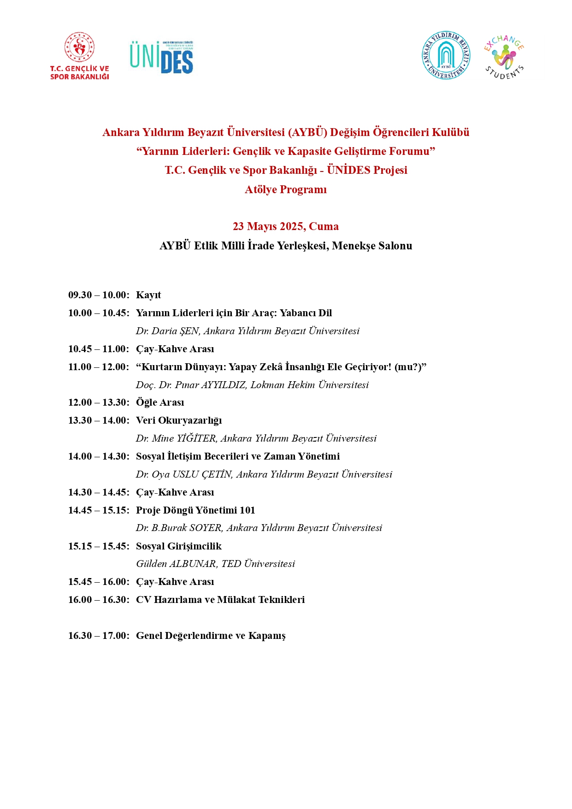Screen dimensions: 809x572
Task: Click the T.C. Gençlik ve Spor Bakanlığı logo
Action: tap(80, 56)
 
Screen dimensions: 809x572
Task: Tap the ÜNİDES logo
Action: tap(161, 57)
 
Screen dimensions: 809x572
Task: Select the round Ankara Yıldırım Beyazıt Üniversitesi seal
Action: tap(446, 55)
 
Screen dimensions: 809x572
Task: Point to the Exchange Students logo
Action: tap(504, 57)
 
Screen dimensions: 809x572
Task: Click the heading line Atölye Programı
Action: tap(285, 189)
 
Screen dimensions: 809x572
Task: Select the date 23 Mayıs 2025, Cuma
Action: tap(285, 226)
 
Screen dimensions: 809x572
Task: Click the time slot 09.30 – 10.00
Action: tap(98, 295)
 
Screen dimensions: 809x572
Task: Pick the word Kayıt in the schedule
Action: tap(148, 295)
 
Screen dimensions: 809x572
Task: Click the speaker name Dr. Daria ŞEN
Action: tap(168, 331)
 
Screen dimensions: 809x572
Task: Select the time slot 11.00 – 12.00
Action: tap(98, 367)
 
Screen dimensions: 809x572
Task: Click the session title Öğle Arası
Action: tap(160, 402)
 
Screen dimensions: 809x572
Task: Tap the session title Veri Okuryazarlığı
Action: tap(179, 420)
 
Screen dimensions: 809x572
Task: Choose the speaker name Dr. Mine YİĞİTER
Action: tap(176, 438)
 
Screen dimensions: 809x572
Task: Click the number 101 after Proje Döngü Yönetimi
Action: tap(248, 510)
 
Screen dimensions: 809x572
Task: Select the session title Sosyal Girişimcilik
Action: tap(179, 546)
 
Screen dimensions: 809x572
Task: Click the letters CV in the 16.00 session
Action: tap(143, 600)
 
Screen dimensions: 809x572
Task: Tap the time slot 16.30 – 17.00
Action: tap(98, 636)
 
